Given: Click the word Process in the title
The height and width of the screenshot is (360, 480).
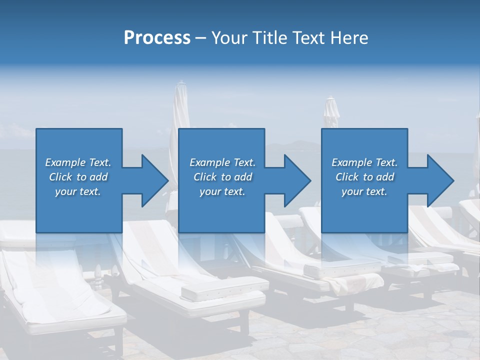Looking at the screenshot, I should click(157, 38).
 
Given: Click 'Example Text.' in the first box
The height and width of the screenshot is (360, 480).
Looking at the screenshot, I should click(78, 162).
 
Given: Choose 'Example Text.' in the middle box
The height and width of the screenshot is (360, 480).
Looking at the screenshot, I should click(222, 162).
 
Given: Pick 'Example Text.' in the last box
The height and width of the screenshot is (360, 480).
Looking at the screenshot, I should click(364, 162).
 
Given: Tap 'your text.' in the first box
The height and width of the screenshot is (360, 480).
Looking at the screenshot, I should click(78, 191).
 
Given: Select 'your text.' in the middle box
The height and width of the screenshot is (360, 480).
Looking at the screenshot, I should click(222, 191).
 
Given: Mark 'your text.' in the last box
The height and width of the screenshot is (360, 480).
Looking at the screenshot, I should click(364, 191).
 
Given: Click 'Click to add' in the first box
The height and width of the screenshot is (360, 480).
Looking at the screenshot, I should click(78, 177).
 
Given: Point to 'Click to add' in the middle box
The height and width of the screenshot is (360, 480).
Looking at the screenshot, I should click(222, 177).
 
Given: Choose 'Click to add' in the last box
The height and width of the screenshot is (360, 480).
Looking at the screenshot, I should click(364, 177).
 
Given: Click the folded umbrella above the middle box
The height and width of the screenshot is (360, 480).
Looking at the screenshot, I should click(181, 110).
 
